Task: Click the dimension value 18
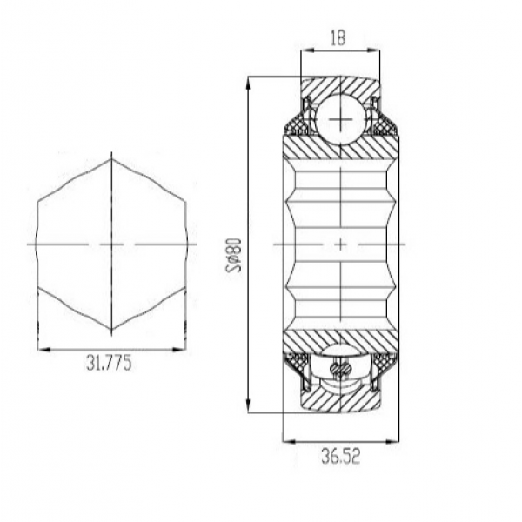(338, 37)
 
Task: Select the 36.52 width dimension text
(340, 457)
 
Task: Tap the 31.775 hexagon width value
(110, 363)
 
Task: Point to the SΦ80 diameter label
(233, 255)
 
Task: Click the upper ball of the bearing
(339, 119)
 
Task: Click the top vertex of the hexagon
(111, 159)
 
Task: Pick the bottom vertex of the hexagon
(111, 330)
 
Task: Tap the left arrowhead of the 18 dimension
(307, 50)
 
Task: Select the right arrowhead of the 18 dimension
(373, 50)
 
